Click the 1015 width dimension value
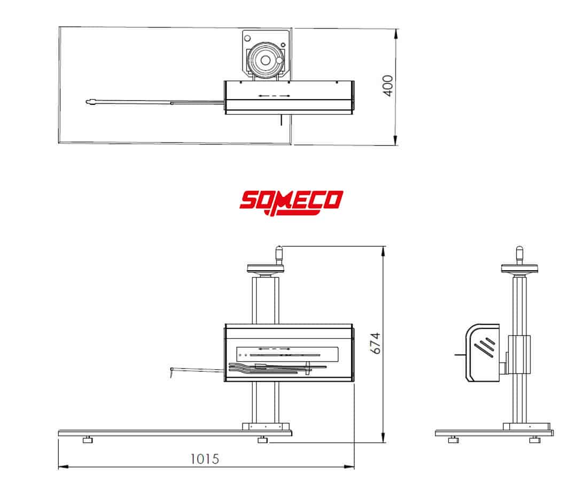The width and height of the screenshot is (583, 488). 205,459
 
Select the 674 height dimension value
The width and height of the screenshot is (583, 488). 376,343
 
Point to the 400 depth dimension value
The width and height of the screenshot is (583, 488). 388,86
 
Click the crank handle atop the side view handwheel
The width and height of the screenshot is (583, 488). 519,255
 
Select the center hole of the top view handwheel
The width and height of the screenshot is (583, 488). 265,60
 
